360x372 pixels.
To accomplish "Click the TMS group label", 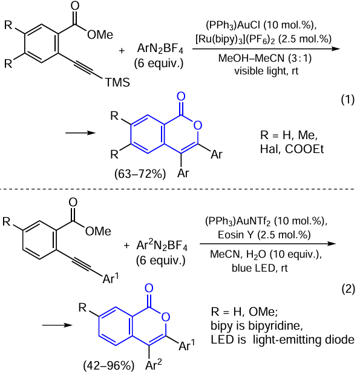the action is [117, 82].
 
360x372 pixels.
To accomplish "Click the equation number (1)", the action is [348, 99].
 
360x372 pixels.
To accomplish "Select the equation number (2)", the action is [348, 289].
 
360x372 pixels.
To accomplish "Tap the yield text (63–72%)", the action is [140, 174].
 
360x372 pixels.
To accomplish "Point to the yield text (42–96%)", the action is [109, 365].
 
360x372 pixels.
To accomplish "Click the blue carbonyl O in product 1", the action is [181, 97].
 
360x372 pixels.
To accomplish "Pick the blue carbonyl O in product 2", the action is [149, 289].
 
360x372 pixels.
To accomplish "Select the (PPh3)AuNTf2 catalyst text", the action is [238, 221].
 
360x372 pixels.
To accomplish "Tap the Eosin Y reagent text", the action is [233, 235].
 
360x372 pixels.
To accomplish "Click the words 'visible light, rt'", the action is [266, 71].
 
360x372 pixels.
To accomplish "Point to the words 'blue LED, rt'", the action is [260, 268].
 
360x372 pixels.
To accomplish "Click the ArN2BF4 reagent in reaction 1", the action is [160, 48].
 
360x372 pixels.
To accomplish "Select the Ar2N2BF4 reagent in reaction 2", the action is [162, 245].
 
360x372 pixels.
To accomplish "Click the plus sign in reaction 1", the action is [122, 51].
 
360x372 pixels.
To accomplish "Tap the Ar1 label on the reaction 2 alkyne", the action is [111, 278].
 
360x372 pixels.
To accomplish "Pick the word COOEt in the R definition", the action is [304, 149].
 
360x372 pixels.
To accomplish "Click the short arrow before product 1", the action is [80, 133].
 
